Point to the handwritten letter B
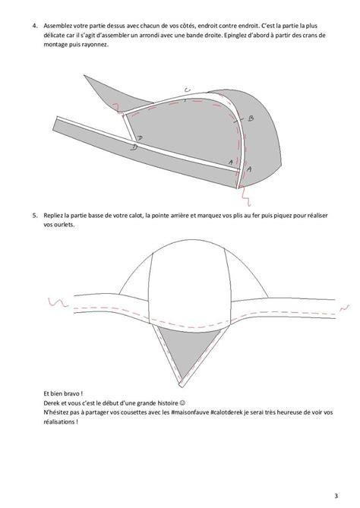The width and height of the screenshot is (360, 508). coord(248,118)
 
